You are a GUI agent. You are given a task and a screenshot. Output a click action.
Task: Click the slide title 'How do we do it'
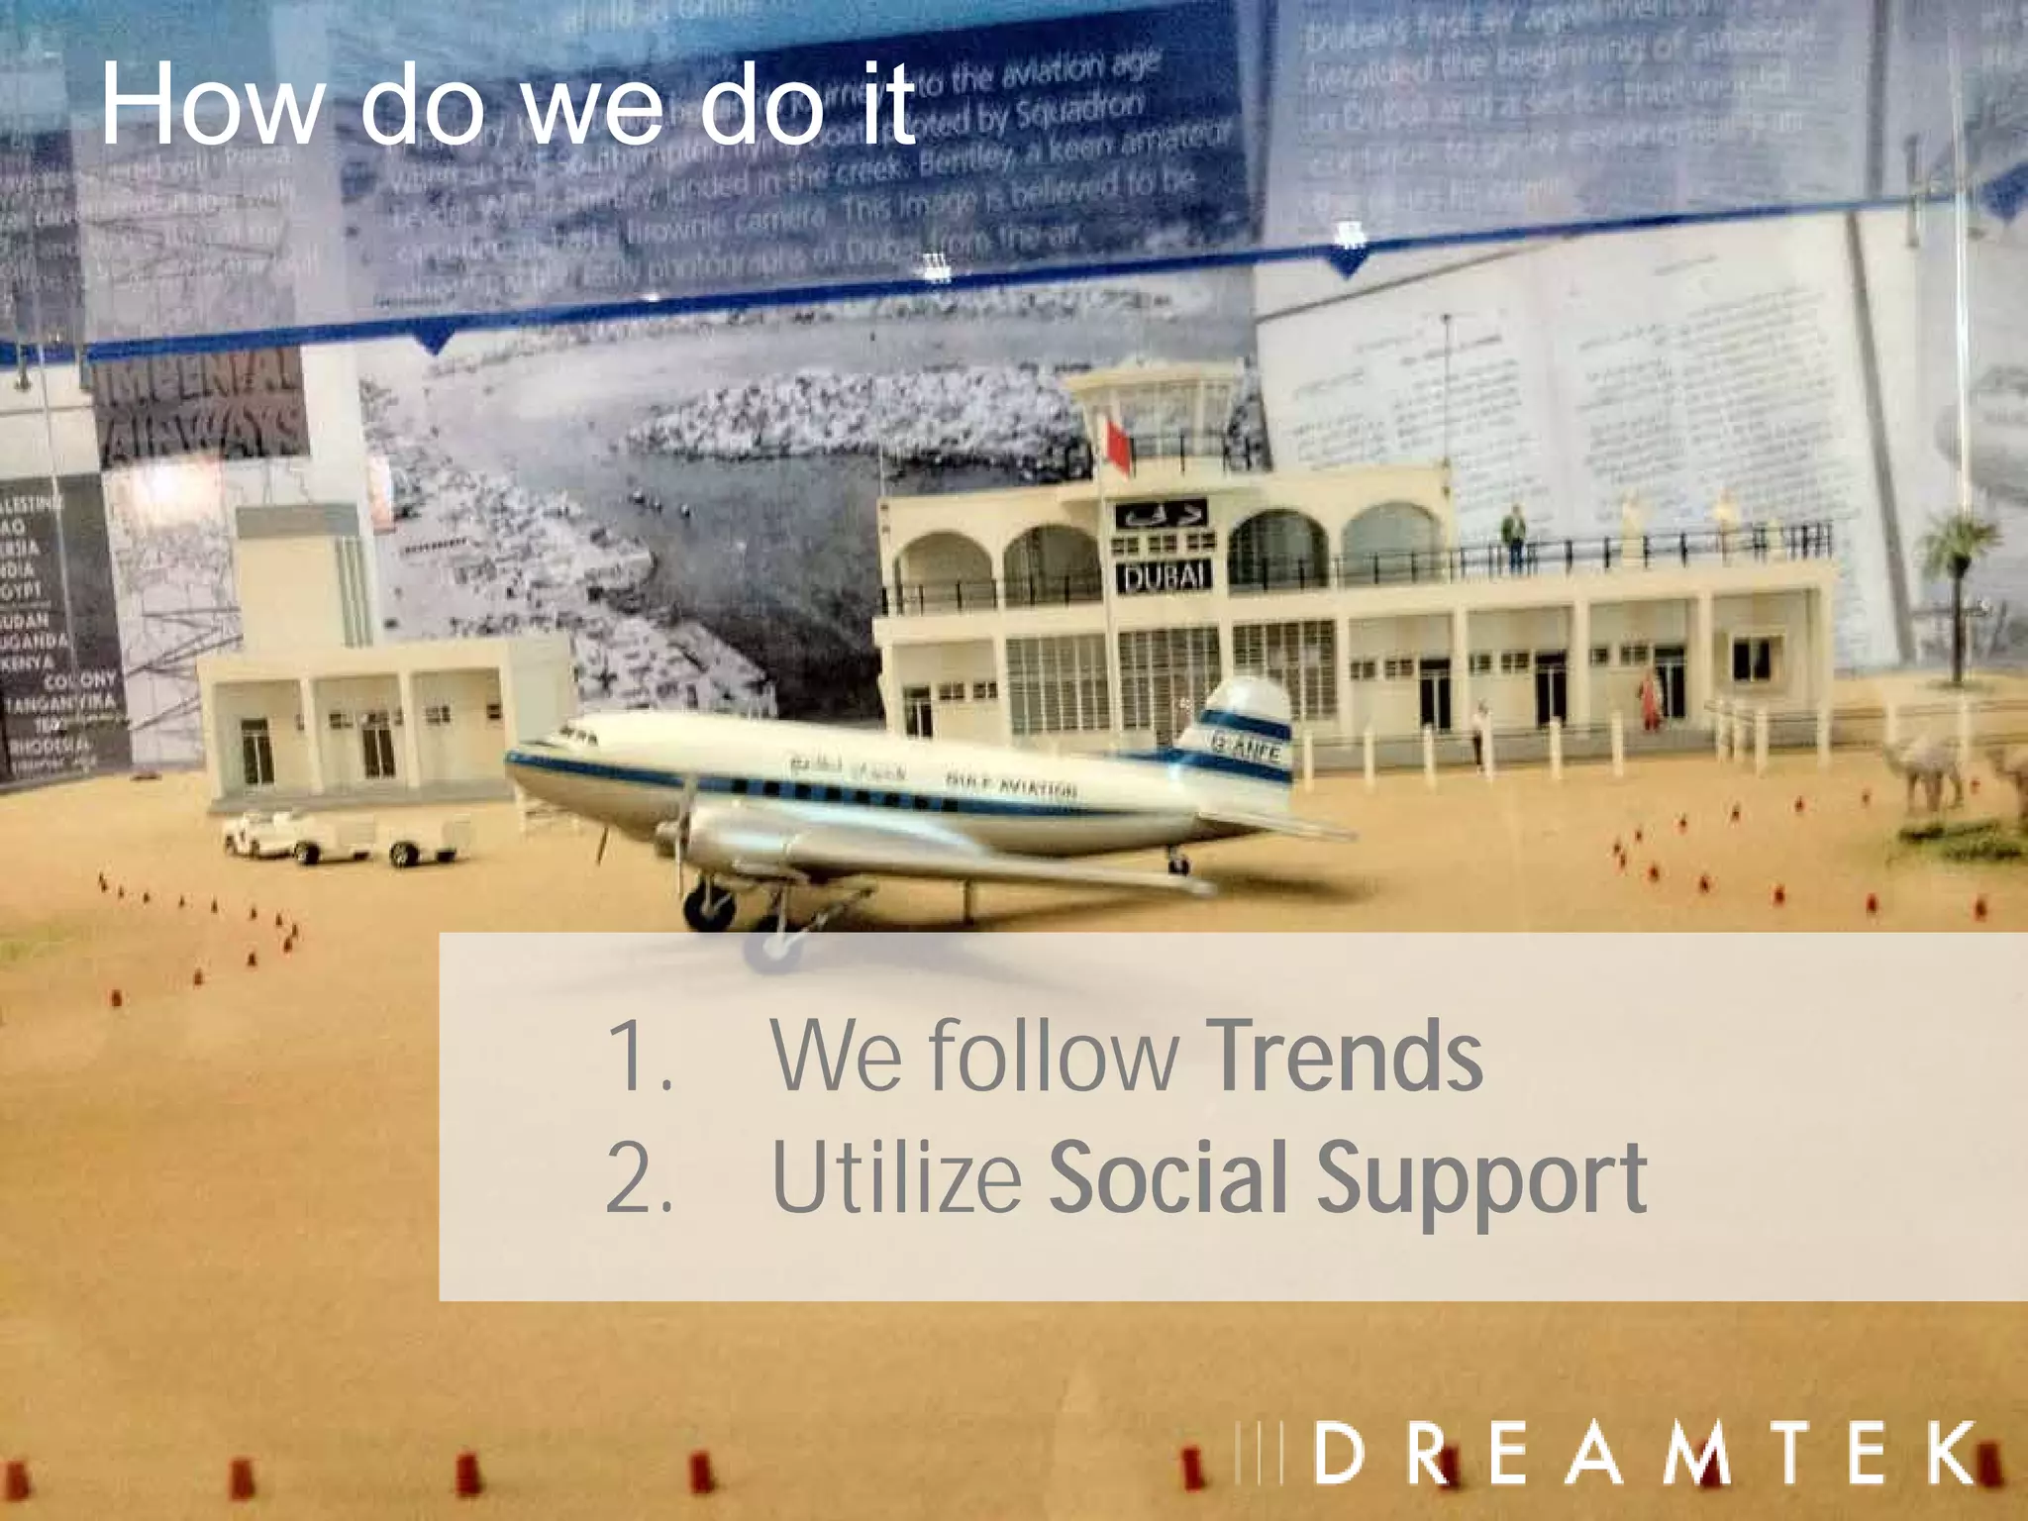tap(507, 104)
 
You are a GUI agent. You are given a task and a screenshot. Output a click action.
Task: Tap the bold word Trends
tap(1344, 1057)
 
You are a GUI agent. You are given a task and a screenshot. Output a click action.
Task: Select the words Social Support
tap(1347, 1178)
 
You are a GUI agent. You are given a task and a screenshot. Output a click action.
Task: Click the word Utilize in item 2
tap(896, 1178)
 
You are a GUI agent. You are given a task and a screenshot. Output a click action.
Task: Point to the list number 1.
tap(639, 1058)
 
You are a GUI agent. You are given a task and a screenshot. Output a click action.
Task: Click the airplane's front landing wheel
tap(709, 906)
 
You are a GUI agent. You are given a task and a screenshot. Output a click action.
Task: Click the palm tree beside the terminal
tap(1956, 584)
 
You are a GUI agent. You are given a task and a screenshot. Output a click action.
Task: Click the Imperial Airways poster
tap(203, 411)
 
